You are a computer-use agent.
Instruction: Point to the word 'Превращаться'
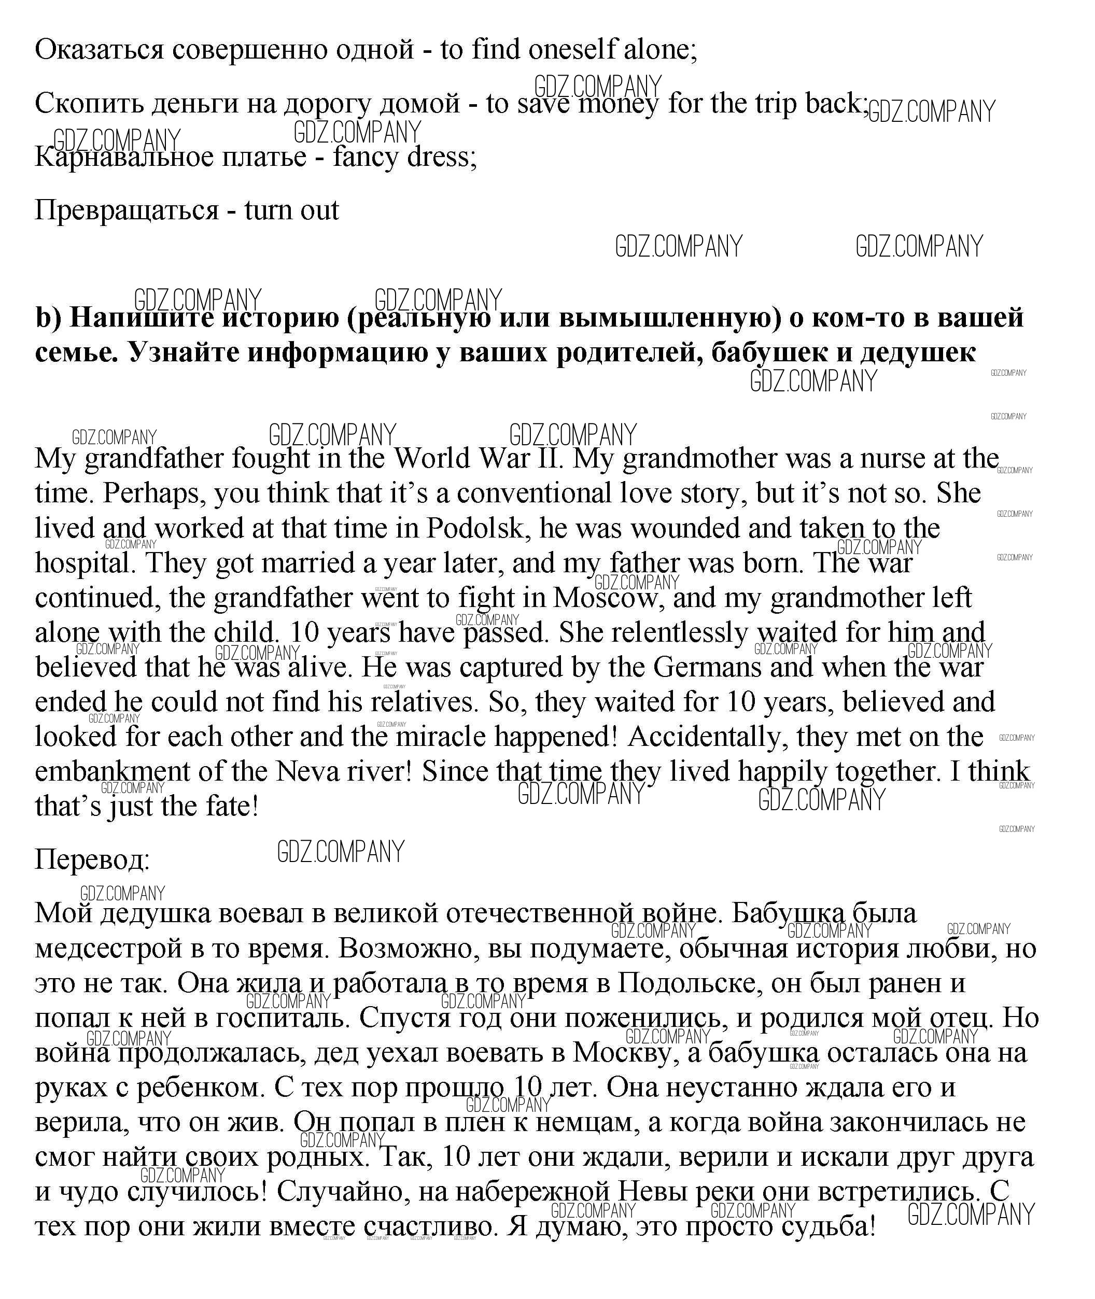pos(127,210)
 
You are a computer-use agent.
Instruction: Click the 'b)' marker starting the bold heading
pos(49,318)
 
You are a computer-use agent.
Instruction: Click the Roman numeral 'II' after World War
pos(550,459)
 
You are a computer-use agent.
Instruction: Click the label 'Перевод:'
pos(92,859)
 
